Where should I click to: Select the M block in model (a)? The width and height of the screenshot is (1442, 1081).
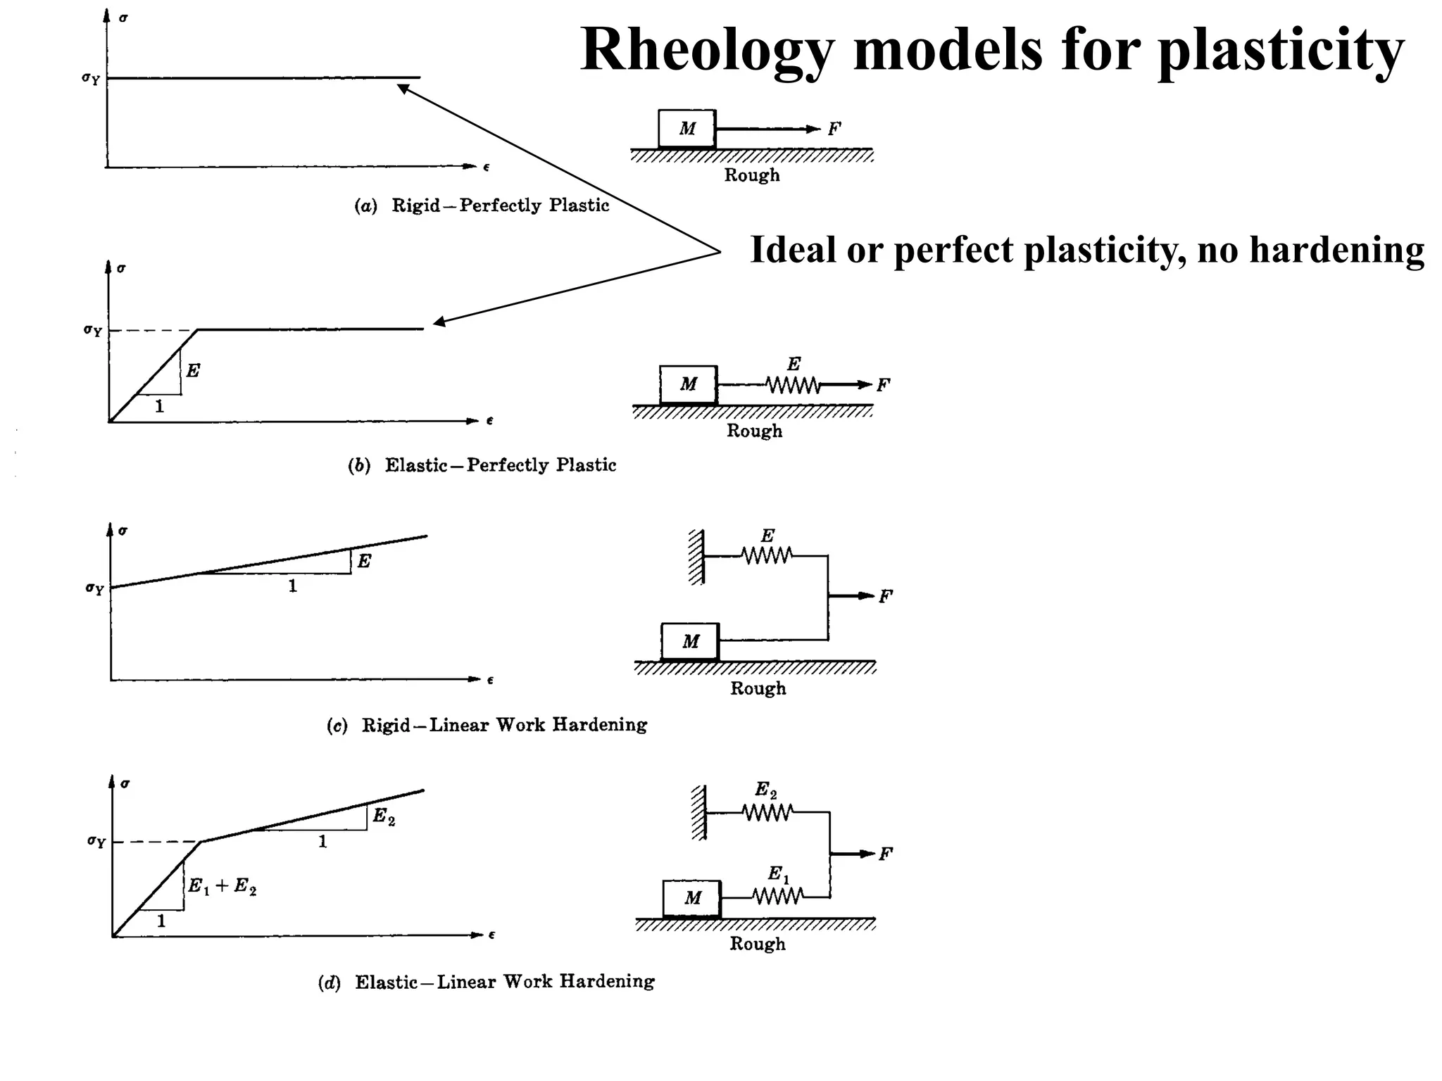(x=687, y=129)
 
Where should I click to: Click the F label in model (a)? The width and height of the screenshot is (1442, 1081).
(x=834, y=129)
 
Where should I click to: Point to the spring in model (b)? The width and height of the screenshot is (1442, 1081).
(x=794, y=385)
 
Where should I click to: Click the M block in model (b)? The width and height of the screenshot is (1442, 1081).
(x=689, y=384)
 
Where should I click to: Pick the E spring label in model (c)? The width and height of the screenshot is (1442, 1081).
(x=767, y=536)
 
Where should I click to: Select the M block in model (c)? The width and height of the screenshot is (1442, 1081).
(x=691, y=641)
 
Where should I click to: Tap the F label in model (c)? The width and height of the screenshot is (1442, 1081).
(x=885, y=597)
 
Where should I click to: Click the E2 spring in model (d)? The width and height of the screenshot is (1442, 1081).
(x=767, y=813)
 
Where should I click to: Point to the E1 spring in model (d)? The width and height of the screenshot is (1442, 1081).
(x=777, y=896)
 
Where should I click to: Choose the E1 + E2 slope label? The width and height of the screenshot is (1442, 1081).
(x=222, y=886)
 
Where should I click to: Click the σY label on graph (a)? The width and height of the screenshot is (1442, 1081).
(x=90, y=79)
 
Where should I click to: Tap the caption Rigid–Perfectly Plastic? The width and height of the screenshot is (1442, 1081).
(x=500, y=206)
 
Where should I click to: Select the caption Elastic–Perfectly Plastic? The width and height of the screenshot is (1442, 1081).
(x=500, y=465)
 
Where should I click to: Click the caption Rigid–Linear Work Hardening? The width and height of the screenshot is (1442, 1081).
(x=504, y=725)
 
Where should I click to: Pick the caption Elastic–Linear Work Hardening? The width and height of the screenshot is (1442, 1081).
(x=504, y=982)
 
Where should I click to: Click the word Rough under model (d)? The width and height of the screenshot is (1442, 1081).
(x=757, y=944)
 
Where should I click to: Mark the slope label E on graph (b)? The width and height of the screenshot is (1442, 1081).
(x=193, y=371)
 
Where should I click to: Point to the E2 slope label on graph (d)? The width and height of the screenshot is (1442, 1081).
(x=384, y=816)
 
